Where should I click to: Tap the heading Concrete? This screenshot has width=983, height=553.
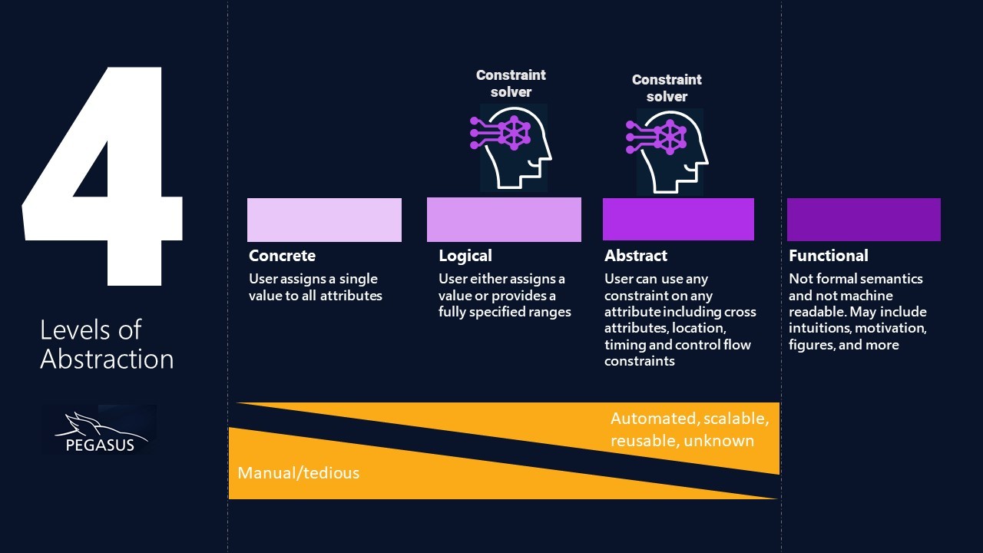click(x=282, y=256)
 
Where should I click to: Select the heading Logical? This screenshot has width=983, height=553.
click(x=465, y=256)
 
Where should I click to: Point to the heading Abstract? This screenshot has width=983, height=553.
click(x=636, y=256)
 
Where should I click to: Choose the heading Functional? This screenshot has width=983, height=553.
click(x=828, y=256)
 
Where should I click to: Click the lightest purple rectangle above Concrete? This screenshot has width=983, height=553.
click(x=324, y=220)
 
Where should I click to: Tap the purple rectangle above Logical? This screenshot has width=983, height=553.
click(x=504, y=220)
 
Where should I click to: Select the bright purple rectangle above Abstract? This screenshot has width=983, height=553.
click(x=678, y=220)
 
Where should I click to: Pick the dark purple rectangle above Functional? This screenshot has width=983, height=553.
click(x=863, y=220)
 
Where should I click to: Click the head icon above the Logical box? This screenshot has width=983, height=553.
click(x=513, y=147)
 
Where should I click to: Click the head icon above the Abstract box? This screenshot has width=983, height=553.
click(x=669, y=151)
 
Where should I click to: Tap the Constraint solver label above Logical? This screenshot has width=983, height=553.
click(x=511, y=83)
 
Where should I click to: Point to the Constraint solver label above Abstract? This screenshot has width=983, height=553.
click(x=667, y=88)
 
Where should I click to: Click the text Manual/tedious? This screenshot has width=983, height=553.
click(x=298, y=472)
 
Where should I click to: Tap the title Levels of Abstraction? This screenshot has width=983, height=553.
click(x=107, y=344)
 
